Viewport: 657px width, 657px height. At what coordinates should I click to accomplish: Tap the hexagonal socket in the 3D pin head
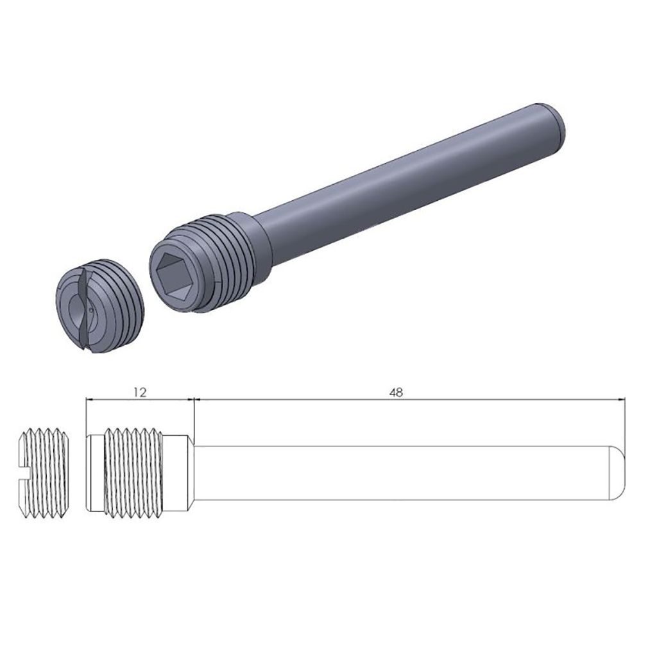(176, 275)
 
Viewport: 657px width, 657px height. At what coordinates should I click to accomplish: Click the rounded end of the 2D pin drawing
(617, 473)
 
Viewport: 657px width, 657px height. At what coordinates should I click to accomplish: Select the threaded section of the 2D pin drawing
(135, 473)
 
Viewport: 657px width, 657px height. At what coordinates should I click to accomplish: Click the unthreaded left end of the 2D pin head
(95, 473)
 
